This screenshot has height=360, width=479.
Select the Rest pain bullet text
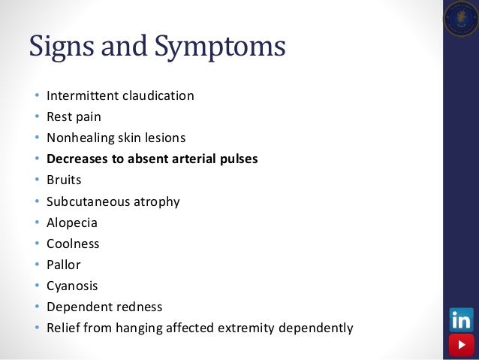[x=74, y=117]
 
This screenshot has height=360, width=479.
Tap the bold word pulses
[x=237, y=159]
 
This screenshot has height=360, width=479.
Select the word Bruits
[x=64, y=180]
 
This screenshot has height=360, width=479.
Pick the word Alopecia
[x=72, y=222]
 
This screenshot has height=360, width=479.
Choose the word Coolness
[x=73, y=244]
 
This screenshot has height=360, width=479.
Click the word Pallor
[x=64, y=265]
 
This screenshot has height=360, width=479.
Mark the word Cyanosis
[x=72, y=286]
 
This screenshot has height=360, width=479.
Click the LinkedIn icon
[x=460, y=320]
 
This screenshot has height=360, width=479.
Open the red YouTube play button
[x=460, y=346]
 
